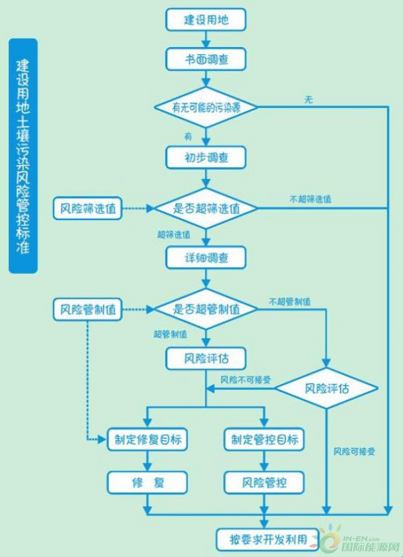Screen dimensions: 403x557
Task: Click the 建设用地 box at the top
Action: (206, 19)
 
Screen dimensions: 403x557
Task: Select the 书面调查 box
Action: (206, 59)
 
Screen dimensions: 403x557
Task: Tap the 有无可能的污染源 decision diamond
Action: (206, 107)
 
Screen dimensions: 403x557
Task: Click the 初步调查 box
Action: (206, 157)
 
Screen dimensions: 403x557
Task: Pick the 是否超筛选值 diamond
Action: (206, 208)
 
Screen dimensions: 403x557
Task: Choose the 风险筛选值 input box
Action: (87, 209)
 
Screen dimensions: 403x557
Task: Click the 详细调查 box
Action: (206, 258)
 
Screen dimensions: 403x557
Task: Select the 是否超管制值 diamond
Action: (206, 309)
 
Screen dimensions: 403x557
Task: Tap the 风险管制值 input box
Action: (87, 310)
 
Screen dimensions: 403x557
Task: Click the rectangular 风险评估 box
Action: (206, 358)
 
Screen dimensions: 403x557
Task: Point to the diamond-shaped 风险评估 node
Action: (326, 389)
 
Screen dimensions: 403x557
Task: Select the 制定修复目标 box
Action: (147, 440)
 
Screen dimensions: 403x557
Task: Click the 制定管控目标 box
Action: (264, 440)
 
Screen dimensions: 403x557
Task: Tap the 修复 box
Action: (147, 483)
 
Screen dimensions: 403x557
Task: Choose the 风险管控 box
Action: (264, 483)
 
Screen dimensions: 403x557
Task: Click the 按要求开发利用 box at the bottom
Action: (268, 540)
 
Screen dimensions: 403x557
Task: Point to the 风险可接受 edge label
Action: (354, 452)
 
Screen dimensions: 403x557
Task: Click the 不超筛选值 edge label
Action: (310, 199)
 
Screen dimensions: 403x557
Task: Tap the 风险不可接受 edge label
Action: (245, 380)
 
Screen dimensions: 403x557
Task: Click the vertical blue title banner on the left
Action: (23, 156)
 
